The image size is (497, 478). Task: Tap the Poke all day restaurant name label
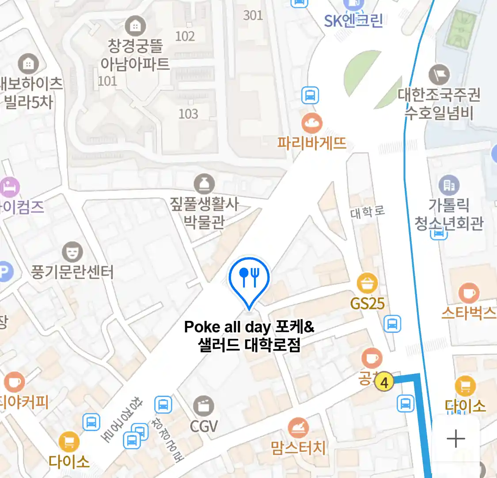[x=249, y=335]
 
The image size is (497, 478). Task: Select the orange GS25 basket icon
[x=367, y=284]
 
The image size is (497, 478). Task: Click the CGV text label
[x=204, y=426]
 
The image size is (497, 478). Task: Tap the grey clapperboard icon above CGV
[x=204, y=406]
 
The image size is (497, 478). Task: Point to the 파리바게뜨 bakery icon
[x=312, y=123]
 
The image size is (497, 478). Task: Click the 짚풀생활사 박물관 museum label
[x=204, y=213]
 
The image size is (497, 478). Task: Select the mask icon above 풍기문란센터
[x=72, y=252]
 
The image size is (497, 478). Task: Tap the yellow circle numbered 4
[x=384, y=382]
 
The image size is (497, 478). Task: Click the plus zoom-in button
[x=455, y=439]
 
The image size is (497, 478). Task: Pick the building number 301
[x=253, y=15]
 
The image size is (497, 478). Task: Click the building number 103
[x=188, y=114]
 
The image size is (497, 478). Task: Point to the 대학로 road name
[x=368, y=212]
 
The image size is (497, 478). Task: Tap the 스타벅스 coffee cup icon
[x=469, y=293]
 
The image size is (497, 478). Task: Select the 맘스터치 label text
[x=299, y=448]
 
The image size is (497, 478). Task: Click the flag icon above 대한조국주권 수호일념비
[x=439, y=75]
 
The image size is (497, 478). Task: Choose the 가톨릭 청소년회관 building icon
[x=449, y=185]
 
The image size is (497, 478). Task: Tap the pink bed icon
[x=10, y=187]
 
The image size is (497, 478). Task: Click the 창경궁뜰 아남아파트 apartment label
[x=135, y=55]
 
